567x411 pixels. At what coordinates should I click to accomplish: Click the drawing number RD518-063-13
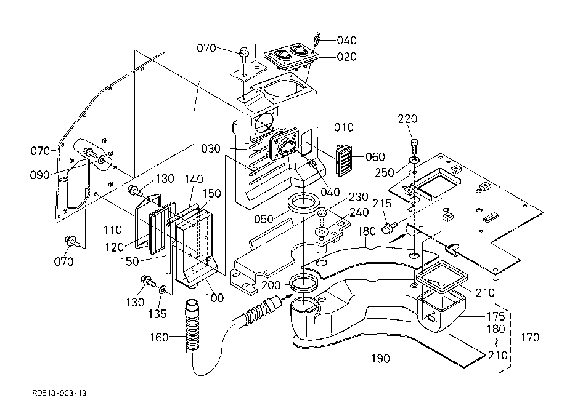59,393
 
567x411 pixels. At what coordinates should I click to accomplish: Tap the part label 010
343,127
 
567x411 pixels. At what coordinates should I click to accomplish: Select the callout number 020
346,57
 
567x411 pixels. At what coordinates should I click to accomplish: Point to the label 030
210,148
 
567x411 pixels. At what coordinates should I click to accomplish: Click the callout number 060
375,157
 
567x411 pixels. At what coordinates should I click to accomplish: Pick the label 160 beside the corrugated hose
160,337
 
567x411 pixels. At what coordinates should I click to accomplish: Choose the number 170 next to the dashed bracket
530,337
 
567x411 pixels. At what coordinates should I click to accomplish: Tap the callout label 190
380,358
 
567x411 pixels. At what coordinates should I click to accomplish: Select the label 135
158,314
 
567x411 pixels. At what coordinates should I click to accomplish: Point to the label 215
382,204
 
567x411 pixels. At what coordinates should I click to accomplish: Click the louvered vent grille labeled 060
343,160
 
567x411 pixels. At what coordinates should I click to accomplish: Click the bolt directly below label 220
414,146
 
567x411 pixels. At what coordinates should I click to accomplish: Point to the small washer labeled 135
162,289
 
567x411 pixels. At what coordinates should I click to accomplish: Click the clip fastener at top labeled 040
318,38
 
